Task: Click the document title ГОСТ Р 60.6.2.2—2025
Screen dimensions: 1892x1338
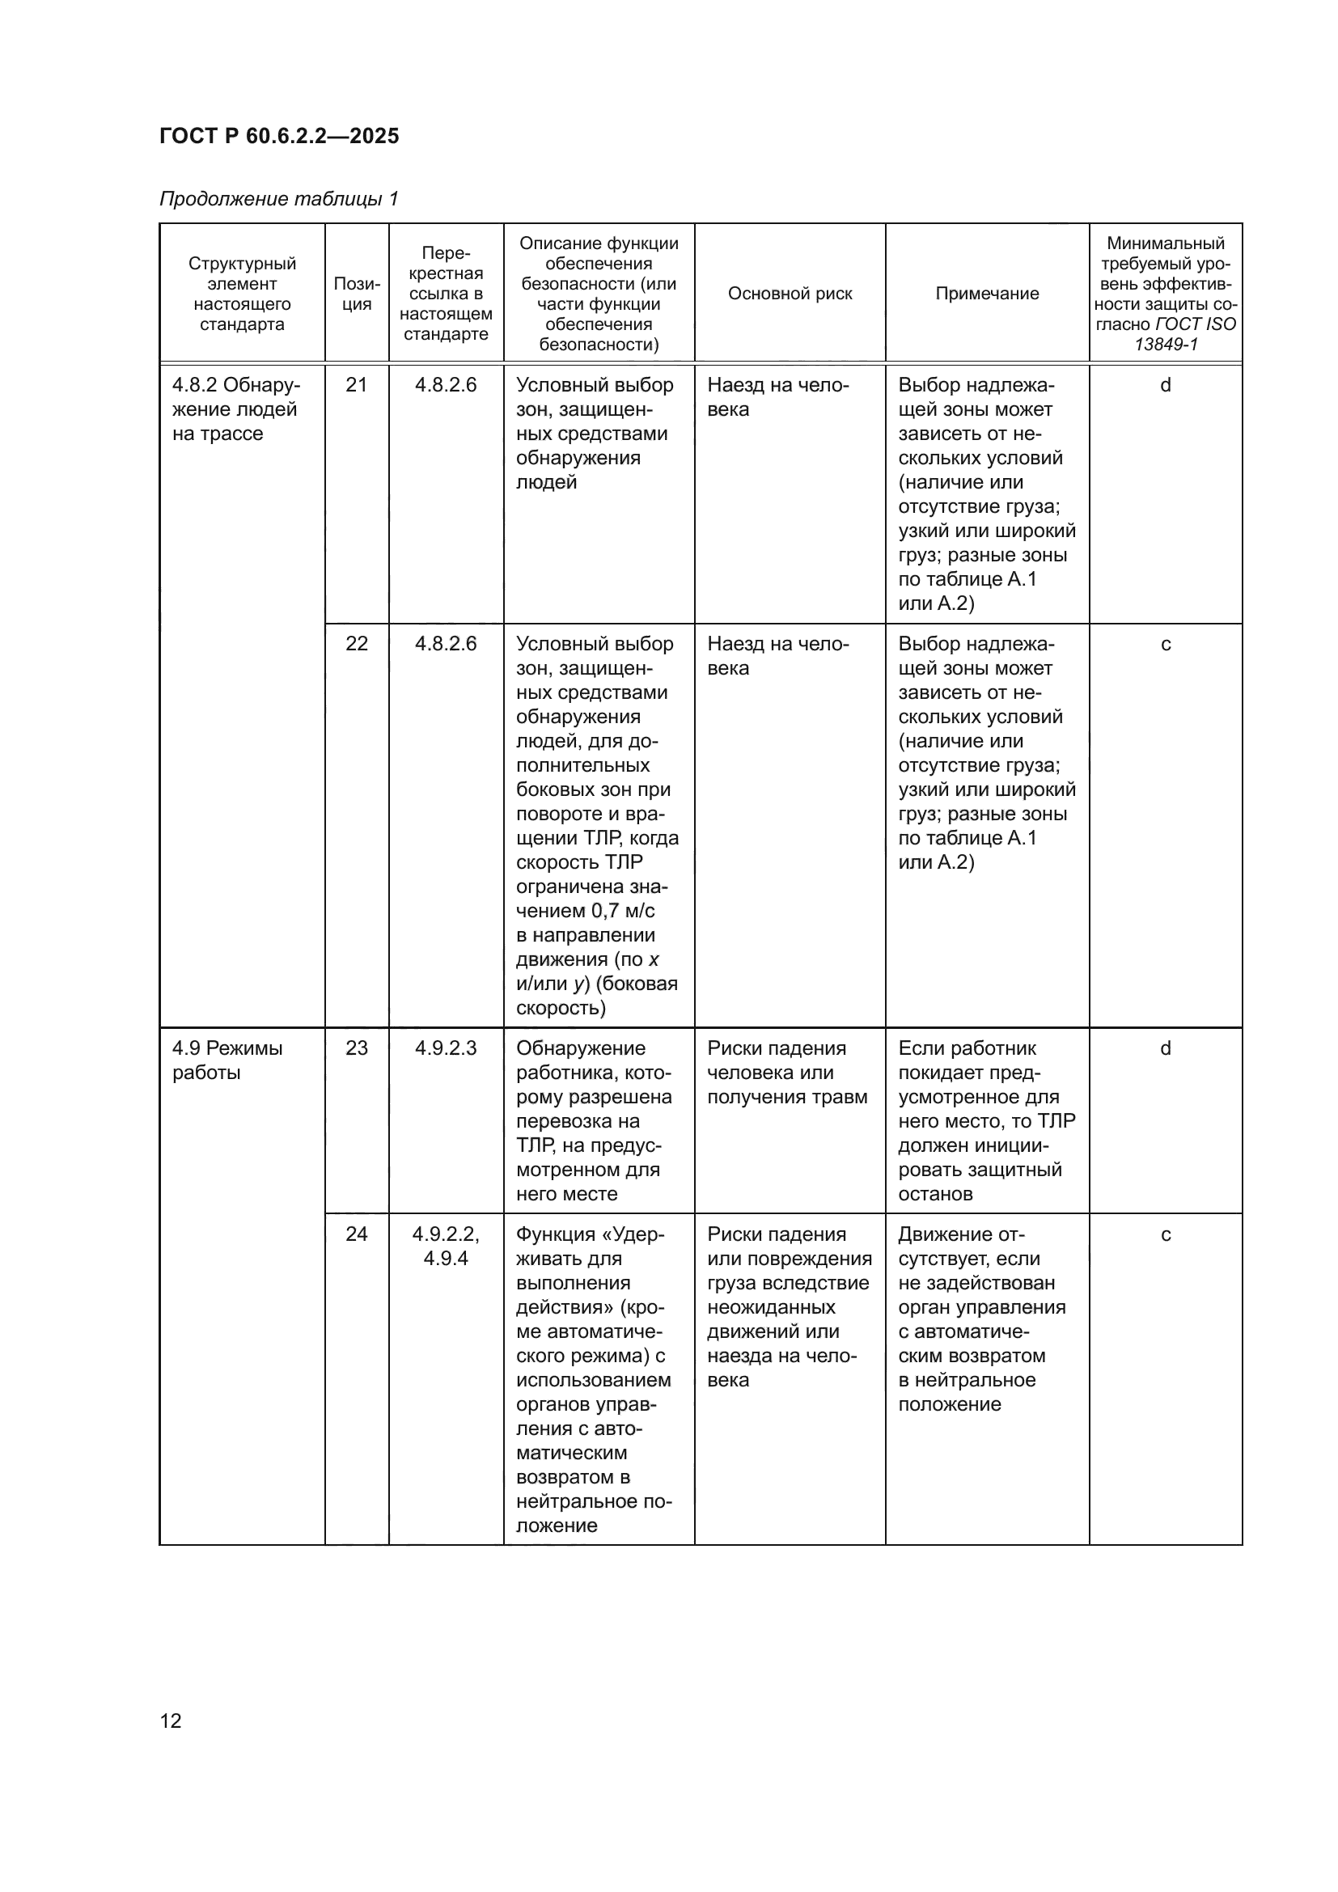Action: pyautogui.click(x=279, y=136)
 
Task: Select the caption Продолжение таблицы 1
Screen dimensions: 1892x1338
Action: pyautogui.click(x=278, y=199)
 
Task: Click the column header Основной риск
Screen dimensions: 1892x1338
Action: pyautogui.click(x=790, y=294)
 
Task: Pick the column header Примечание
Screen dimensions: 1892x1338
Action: pyautogui.click(x=986, y=294)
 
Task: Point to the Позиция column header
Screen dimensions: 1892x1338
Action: pyautogui.click(x=357, y=294)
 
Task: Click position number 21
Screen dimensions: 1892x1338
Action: pyautogui.click(x=357, y=385)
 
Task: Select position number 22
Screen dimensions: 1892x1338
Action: pyautogui.click(x=357, y=644)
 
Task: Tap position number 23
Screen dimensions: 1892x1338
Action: pyautogui.click(x=357, y=1048)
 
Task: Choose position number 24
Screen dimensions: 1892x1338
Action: pyautogui.click(x=357, y=1234)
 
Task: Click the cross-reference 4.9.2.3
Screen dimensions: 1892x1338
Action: pyautogui.click(x=446, y=1048)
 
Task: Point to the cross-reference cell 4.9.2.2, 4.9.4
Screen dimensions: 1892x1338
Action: pyautogui.click(x=446, y=1246)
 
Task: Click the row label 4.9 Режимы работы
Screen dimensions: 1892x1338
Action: pyautogui.click(x=227, y=1060)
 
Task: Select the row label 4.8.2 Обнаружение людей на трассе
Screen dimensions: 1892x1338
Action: pyautogui.click(x=235, y=409)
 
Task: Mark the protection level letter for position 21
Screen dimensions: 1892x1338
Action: pyautogui.click(x=1165, y=385)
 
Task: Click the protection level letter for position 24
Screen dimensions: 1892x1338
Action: pyautogui.click(x=1165, y=1234)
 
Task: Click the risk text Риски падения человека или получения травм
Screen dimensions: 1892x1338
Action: pyautogui.click(x=787, y=1072)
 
